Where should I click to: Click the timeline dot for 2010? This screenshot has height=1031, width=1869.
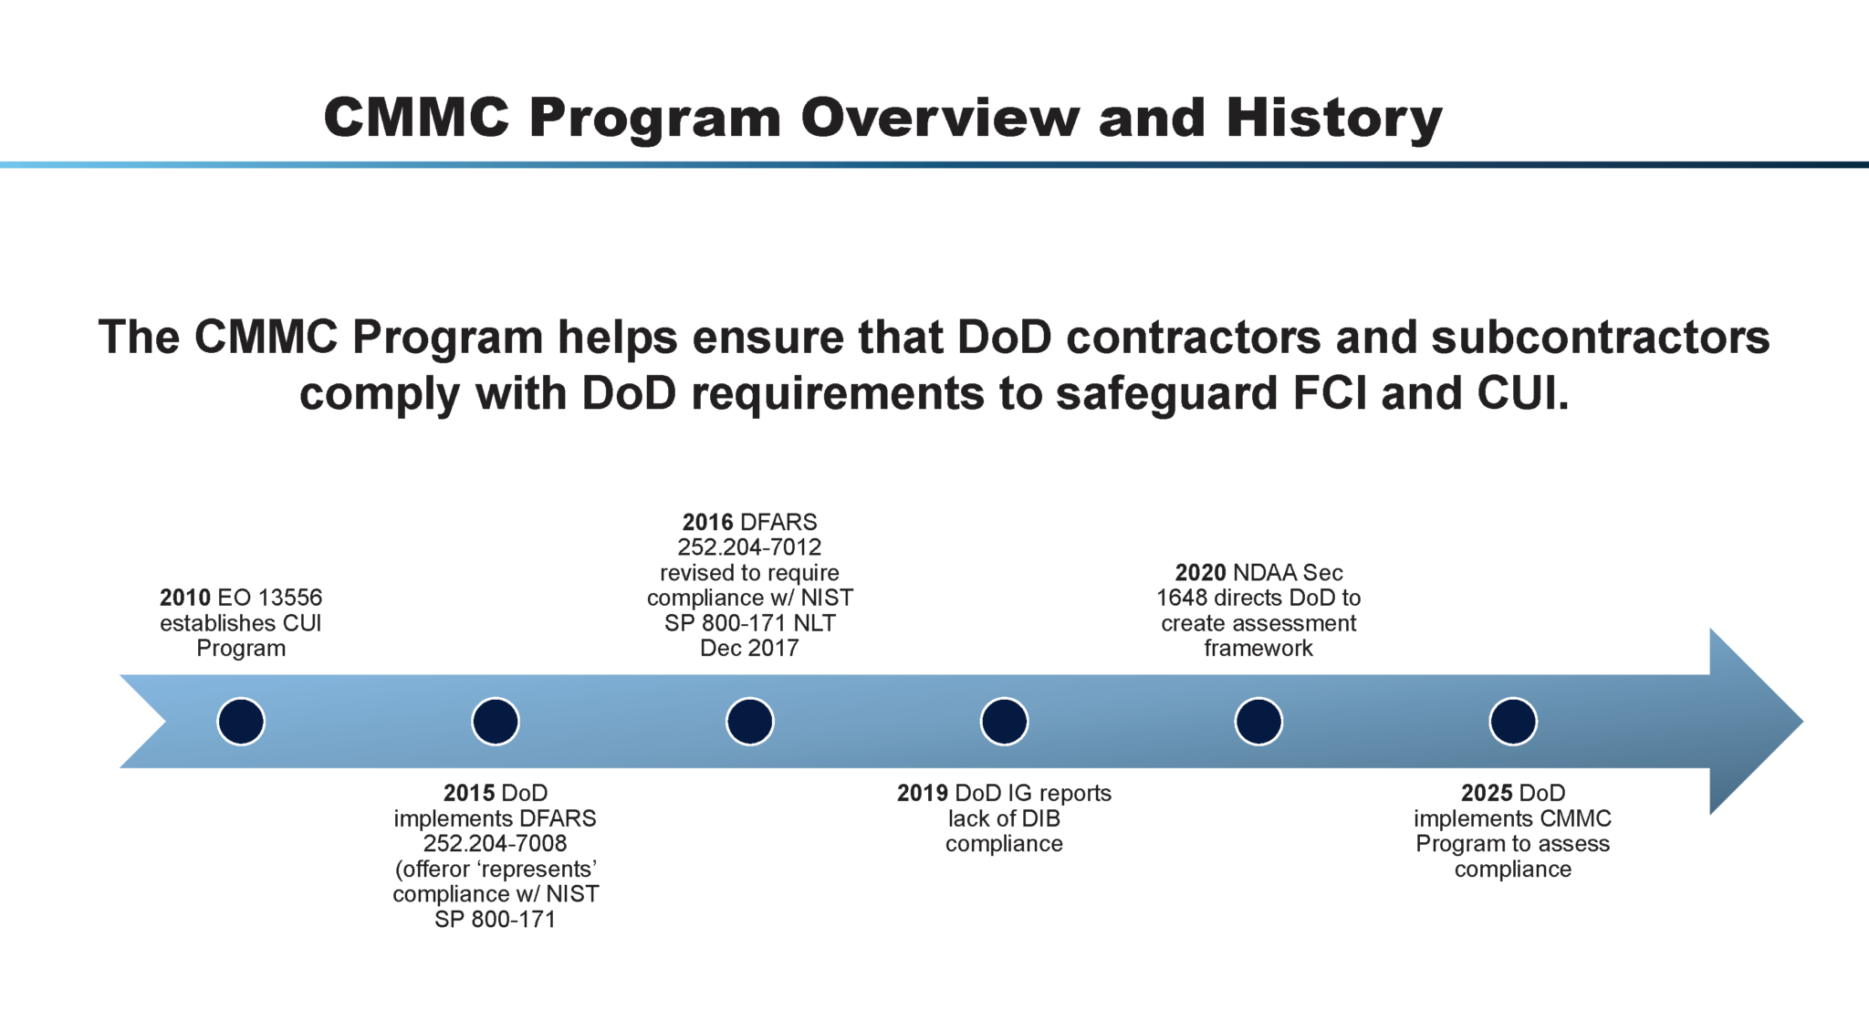tap(241, 722)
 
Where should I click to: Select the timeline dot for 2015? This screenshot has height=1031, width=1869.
tap(496, 722)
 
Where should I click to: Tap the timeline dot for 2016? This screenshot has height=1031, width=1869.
tap(750, 722)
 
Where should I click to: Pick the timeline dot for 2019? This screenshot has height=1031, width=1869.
tap(1004, 722)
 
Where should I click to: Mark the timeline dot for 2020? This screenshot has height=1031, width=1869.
tap(1258, 722)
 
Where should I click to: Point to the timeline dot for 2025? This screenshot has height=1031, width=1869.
tap(1513, 722)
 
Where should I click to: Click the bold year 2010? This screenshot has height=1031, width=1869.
tap(184, 598)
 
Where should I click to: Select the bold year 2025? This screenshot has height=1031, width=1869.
tap(1487, 793)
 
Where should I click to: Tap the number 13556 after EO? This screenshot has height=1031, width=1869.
tap(290, 598)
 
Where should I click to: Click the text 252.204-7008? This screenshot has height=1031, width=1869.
tap(495, 843)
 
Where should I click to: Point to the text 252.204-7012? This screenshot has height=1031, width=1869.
tap(749, 547)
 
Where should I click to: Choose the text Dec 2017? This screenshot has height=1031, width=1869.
tap(749, 648)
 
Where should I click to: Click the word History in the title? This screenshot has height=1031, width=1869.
tap(1333, 119)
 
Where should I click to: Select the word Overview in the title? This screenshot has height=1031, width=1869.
tap(940, 119)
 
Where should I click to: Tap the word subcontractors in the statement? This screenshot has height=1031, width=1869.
tap(1600, 337)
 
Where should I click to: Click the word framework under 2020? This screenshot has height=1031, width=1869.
tap(1258, 648)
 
